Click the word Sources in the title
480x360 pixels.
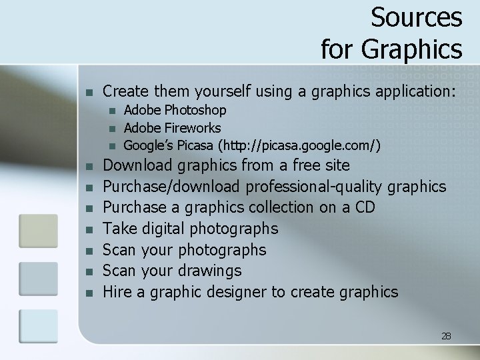click(x=416, y=17)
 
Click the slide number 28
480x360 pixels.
click(x=446, y=336)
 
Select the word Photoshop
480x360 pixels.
click(x=195, y=110)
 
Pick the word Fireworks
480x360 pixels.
click(x=192, y=127)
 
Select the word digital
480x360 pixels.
click(x=162, y=229)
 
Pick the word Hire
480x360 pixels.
click(x=117, y=292)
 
